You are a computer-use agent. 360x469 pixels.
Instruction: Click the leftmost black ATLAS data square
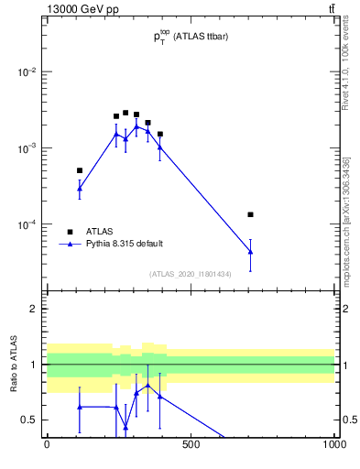pyautogui.click(x=80, y=170)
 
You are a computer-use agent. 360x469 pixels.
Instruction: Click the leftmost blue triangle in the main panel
pyautogui.click(x=80, y=189)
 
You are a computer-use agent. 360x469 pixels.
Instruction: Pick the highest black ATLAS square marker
pyautogui.click(x=125, y=113)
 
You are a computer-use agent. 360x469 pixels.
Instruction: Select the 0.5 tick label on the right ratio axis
pyautogui.click(x=348, y=420)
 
